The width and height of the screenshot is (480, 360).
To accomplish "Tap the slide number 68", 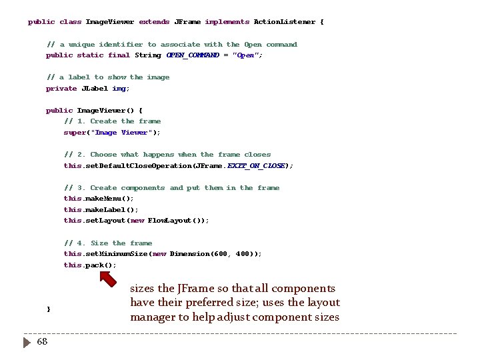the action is tap(42, 342).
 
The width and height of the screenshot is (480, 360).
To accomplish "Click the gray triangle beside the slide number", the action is tap(27, 342).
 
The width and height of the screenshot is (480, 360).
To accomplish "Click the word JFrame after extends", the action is tap(187, 22).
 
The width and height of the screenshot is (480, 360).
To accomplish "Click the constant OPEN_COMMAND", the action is tap(193, 55).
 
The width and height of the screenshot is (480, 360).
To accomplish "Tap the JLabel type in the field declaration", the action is tap(94, 89).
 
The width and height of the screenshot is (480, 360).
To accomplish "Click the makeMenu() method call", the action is tap(109, 199).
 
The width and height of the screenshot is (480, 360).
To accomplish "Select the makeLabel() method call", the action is tap(112, 210).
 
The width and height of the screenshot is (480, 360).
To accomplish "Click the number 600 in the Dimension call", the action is tap(221, 254).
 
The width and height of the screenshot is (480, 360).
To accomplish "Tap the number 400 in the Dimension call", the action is tap(243, 254).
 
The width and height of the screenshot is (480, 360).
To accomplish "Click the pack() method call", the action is tap(100, 265).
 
